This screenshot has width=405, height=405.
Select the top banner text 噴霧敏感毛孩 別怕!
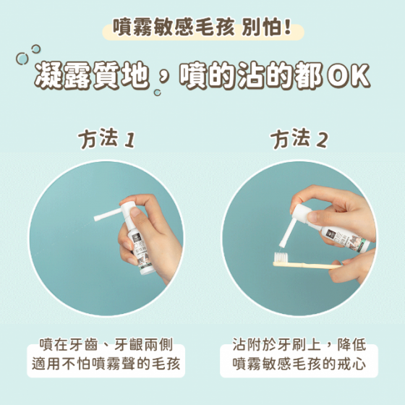tap(202, 27)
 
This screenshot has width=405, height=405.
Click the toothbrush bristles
tap(281, 257)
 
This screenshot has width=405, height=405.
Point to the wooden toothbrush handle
tap(307, 265)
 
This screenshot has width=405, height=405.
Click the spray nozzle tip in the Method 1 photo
tap(96, 218)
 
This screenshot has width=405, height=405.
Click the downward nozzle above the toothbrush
tap(286, 234)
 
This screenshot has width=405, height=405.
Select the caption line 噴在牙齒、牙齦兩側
tap(106, 345)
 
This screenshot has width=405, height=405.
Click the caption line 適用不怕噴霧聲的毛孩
tap(106, 364)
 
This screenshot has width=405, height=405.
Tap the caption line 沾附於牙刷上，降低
tap(299, 345)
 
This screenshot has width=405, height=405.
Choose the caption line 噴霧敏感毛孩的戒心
tap(299, 364)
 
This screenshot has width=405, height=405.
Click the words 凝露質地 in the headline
tap(93, 76)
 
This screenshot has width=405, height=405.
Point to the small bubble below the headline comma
tap(158, 93)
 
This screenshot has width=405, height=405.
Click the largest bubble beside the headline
tap(22, 59)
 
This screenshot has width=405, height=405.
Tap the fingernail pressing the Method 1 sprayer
tap(135, 213)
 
